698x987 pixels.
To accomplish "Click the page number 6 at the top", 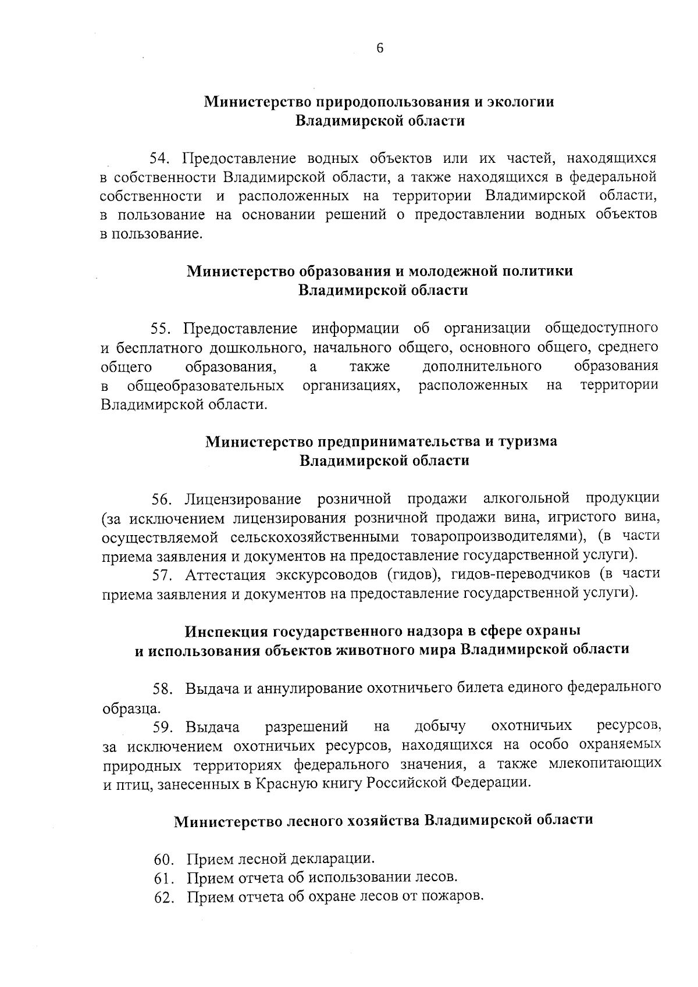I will [380, 49].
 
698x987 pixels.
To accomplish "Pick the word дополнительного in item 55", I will [482, 366].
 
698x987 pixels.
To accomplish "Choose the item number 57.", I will [161, 575].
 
